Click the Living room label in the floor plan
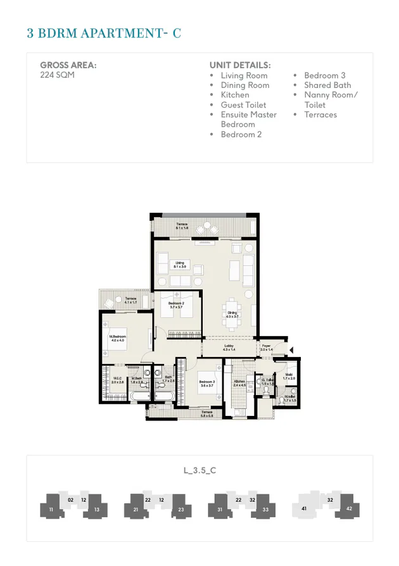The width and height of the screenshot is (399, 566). coord(180,264)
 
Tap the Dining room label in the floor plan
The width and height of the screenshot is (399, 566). coord(232,315)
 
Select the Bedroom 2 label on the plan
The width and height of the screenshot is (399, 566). coord(177,305)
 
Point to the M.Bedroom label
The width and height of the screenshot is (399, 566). coord(118,339)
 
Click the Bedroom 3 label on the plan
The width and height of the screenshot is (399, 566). coord(207,384)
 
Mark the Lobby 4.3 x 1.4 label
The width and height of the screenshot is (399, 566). coord(229,348)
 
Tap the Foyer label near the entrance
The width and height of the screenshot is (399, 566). coord(267,348)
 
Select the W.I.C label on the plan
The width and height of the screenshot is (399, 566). coord(117,380)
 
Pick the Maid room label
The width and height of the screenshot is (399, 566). coord(289,376)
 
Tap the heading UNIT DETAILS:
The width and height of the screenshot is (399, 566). coord(240,65)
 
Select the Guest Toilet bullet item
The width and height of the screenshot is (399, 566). coord(243,105)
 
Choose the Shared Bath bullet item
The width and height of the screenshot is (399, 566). coord(327,85)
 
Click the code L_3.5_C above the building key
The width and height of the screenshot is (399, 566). coord(199,470)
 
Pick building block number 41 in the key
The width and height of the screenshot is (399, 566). coord(304,508)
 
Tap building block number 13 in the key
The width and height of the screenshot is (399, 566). coord(96,510)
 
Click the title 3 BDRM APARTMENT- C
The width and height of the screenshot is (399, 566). coord(104,34)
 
